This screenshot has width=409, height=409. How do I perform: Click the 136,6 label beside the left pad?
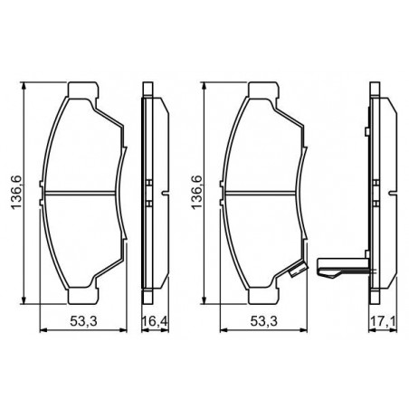click(x=16, y=192)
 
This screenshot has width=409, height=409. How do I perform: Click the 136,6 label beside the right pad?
click(x=196, y=192)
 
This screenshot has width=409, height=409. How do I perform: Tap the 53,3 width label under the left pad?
click(x=83, y=321)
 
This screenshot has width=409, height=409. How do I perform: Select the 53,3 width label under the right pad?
click(x=263, y=321)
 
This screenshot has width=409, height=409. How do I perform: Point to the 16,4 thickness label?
click(x=155, y=321)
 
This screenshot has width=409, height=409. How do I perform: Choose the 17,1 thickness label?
click(x=383, y=321)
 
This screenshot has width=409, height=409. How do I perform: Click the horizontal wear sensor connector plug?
click(x=343, y=268)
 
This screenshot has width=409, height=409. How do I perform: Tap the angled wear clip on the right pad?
click(x=298, y=270)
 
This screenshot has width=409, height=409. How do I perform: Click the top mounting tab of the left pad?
click(x=83, y=90)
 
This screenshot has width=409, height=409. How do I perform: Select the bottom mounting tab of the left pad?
click(x=83, y=296)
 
